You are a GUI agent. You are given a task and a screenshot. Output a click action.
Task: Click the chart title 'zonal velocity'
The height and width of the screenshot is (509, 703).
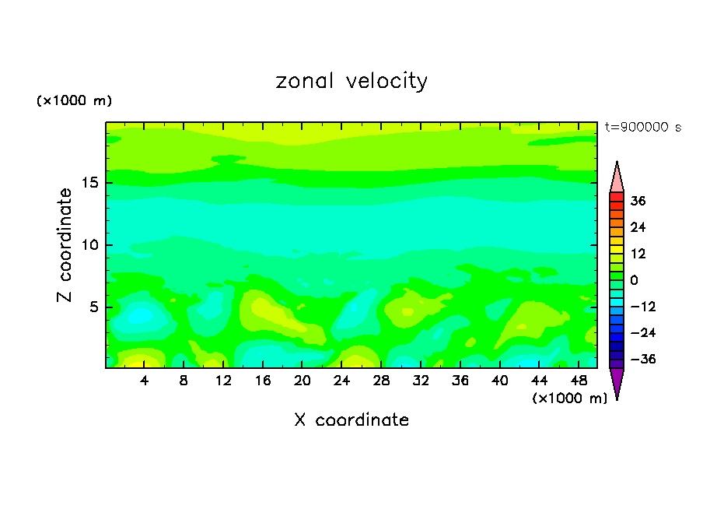click(351, 81)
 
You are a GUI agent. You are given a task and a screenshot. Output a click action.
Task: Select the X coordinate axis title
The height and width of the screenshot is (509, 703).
click(351, 420)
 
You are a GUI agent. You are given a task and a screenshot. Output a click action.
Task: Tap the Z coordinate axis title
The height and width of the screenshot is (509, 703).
click(65, 245)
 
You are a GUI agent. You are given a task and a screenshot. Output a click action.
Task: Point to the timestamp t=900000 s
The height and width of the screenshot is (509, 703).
click(643, 128)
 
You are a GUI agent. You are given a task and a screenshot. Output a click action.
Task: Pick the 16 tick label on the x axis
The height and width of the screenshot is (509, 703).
click(263, 381)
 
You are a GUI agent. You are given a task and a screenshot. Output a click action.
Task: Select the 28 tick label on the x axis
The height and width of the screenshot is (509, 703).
click(381, 381)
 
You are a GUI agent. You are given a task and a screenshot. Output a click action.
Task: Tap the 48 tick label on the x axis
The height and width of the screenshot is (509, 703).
click(579, 381)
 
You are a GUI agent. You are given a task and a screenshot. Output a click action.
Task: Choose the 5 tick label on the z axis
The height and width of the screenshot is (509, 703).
click(93, 307)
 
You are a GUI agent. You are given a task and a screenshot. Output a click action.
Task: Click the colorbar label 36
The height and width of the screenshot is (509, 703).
click(638, 201)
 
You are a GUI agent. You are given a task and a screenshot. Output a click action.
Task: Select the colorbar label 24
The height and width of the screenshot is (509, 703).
click(638, 227)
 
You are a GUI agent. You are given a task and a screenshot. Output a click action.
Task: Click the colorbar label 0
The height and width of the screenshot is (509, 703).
click(634, 280)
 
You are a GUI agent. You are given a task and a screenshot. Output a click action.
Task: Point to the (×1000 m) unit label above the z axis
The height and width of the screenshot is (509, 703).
click(75, 101)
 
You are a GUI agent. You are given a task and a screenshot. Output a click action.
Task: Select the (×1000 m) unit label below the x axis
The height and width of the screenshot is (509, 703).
click(570, 398)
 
